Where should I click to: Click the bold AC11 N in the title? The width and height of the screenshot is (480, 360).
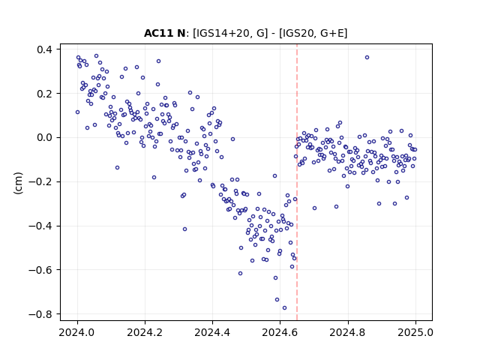pos(164,33)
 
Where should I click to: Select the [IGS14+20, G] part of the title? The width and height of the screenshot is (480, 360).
pos(230,33)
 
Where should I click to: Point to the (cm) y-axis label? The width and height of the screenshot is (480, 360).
pos(18,183)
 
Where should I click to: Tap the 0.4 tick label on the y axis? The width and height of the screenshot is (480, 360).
pos(44,49)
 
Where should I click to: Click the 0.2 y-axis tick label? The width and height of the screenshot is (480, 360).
pos(44,94)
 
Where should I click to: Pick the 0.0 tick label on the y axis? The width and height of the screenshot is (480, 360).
pos(44,138)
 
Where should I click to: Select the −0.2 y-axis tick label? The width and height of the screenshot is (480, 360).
pos(40,181)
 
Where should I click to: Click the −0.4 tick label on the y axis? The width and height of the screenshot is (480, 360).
pos(40,226)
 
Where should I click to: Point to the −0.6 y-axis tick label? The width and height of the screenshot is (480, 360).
pos(40,270)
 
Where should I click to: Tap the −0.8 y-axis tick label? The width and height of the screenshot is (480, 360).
pos(40,314)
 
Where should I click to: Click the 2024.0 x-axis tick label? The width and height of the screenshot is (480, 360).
pos(77,332)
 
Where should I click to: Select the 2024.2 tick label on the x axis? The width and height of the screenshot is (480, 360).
pos(145,332)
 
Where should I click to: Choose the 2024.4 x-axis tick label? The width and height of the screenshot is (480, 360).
pos(212,332)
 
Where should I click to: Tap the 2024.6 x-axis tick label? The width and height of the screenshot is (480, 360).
pos(280,332)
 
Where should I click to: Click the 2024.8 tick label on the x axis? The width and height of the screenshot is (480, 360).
pos(347,332)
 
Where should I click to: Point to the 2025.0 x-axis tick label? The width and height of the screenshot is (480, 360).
pos(415,332)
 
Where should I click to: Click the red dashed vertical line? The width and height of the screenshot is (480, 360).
pos(297,182)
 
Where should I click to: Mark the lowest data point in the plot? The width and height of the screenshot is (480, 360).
pos(284,308)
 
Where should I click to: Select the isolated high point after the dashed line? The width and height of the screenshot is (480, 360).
pos(367,58)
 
